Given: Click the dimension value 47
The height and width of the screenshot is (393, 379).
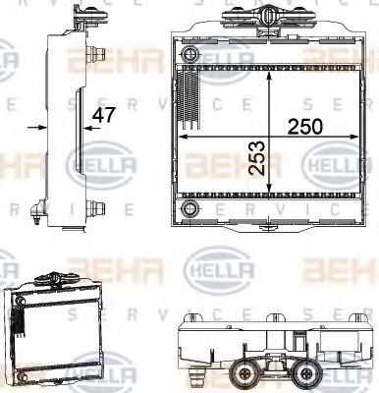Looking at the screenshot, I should [x=103, y=115].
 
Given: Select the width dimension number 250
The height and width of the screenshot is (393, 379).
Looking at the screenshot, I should [x=304, y=126].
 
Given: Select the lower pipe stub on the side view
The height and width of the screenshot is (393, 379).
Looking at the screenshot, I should [x=99, y=208].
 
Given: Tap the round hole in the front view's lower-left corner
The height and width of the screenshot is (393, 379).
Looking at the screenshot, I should [x=190, y=209].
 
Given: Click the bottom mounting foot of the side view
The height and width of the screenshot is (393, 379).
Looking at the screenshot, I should [x=40, y=210].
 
